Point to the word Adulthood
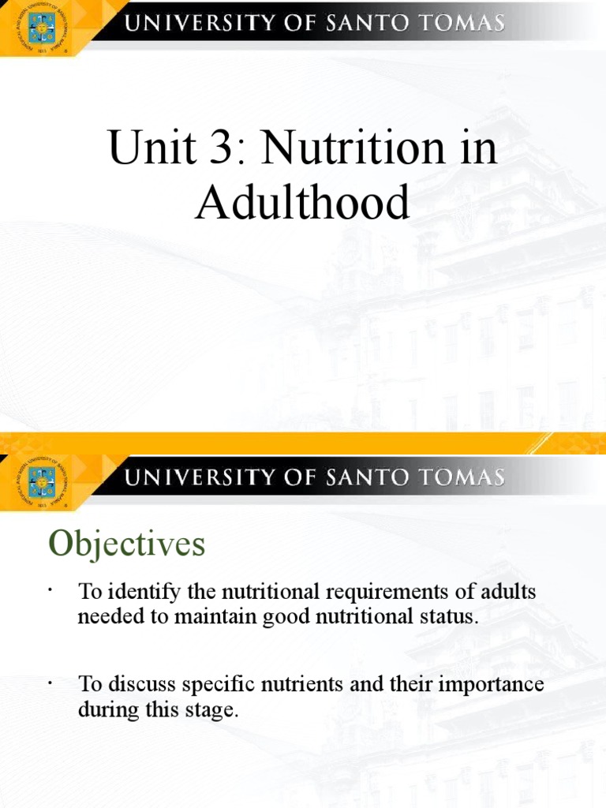click(x=303, y=203)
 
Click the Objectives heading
click(x=126, y=544)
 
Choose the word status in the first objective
click(x=453, y=616)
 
